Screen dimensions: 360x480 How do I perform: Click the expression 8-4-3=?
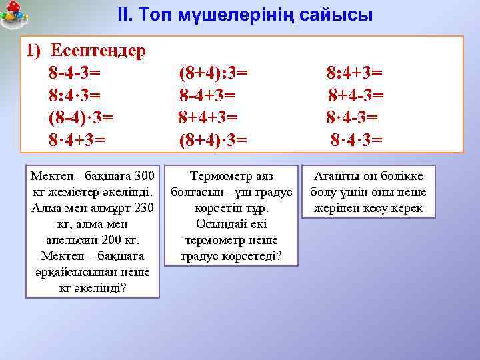75,72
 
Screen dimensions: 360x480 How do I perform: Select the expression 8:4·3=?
75,95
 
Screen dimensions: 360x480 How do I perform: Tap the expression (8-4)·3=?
81,117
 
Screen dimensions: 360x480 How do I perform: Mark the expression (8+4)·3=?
213,140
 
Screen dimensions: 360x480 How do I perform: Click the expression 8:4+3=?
354,72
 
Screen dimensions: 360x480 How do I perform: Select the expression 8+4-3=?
355,95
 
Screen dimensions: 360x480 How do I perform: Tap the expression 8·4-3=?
352,117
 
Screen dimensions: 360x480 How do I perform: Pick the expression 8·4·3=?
357,140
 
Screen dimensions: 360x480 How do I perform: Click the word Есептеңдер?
99,51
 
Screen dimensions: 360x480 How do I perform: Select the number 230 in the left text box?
142,208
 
